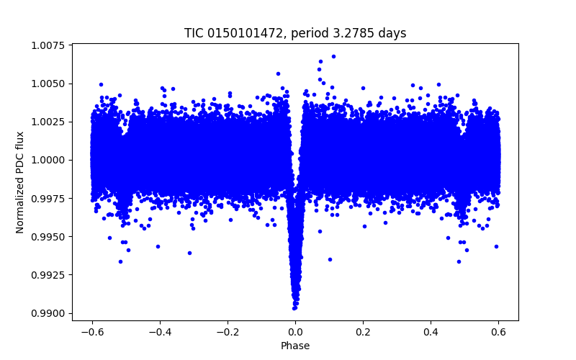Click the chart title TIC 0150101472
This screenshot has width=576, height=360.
pyautogui.click(x=295, y=34)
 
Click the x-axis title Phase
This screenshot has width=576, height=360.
pyautogui.click(x=295, y=346)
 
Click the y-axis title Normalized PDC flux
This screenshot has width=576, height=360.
pyautogui.click(x=20, y=182)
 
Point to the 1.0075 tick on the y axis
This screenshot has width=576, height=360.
pyautogui.click(x=48, y=45)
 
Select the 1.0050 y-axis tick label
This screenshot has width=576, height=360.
pyautogui.click(x=48, y=84)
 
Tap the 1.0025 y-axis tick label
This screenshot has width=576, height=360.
pyautogui.click(x=48, y=122)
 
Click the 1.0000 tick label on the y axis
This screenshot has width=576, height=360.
pyautogui.click(x=48, y=160)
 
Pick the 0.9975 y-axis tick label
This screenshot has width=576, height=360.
pyautogui.click(x=48, y=199)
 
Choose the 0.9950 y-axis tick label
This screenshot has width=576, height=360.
pyautogui.click(x=48, y=237)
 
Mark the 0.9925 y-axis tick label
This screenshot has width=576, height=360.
pyautogui.click(x=48, y=275)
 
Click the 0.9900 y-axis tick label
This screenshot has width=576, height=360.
pyautogui.click(x=48, y=313)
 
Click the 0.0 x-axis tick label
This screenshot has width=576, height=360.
pyautogui.click(x=295, y=332)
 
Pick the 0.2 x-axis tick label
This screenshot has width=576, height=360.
pyautogui.click(x=363, y=332)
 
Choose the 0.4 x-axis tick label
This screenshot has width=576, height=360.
pyautogui.click(x=431, y=332)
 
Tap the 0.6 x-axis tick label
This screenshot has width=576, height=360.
pyautogui.click(x=499, y=332)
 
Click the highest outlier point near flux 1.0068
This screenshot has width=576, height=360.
pyautogui.click(x=333, y=56)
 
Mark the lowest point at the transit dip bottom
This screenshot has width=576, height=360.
pyautogui.click(x=294, y=307)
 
